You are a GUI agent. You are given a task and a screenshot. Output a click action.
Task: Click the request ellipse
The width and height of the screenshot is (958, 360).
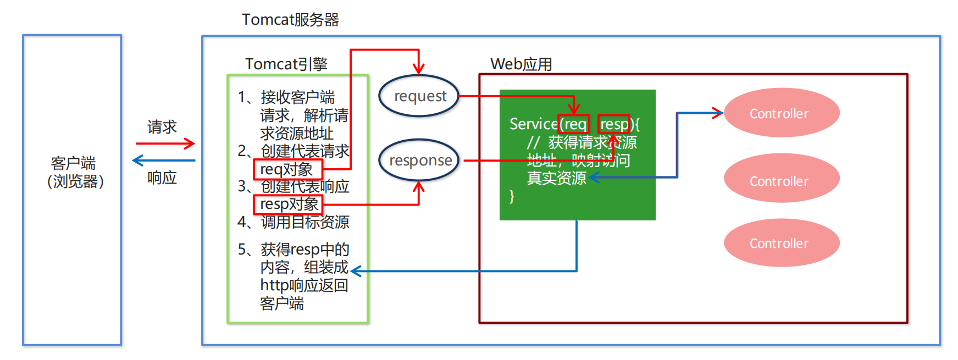click(x=419, y=96)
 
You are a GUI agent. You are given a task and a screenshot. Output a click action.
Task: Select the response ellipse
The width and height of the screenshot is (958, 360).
click(x=419, y=160)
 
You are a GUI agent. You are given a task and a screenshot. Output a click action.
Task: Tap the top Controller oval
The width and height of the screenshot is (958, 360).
click(x=781, y=113)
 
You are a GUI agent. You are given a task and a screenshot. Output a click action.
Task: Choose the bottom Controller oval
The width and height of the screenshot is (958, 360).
click(x=781, y=243)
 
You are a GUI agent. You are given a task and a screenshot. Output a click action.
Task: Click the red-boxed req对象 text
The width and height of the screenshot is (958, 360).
click(x=287, y=169)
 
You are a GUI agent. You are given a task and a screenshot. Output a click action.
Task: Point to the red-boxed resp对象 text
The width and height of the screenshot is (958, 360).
click(x=288, y=204)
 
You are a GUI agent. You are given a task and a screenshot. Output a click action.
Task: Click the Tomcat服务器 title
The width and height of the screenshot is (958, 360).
click(x=290, y=20)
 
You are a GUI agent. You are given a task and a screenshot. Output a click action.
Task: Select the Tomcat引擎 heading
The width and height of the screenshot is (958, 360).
click(x=286, y=64)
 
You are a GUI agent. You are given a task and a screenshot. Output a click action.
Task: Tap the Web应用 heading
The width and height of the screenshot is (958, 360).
click(x=521, y=64)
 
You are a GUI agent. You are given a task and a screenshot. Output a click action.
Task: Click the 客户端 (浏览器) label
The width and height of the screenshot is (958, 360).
click(x=75, y=172)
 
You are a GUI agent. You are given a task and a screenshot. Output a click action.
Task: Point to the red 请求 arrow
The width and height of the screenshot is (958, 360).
click(x=165, y=144)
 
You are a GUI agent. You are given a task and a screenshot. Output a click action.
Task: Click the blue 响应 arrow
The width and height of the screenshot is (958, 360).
click(x=164, y=160)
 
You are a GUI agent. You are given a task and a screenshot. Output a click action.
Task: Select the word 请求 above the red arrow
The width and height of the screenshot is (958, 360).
click(x=162, y=127)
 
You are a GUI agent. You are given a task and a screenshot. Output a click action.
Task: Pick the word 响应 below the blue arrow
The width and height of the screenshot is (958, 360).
click(x=162, y=178)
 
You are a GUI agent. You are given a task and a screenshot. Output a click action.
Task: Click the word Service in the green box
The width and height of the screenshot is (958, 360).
click(x=533, y=124)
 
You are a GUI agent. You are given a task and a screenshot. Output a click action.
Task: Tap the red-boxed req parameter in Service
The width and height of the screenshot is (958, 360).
click(x=574, y=124)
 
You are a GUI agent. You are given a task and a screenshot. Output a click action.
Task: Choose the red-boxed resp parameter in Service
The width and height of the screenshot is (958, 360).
click(x=614, y=124)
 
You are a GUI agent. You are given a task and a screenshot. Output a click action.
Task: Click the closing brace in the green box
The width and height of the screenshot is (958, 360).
click(x=512, y=196)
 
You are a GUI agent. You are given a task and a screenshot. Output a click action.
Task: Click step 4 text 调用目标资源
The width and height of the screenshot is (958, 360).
click(x=304, y=222)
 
